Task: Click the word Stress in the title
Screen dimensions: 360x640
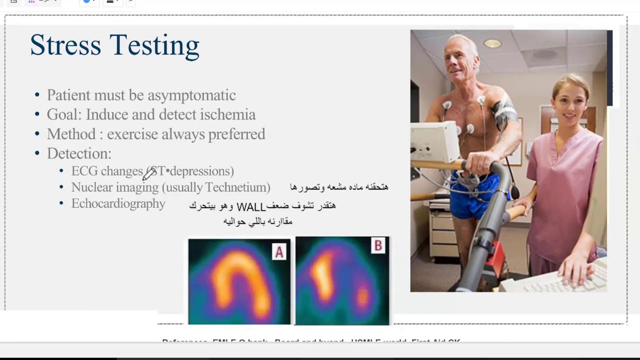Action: (65, 45)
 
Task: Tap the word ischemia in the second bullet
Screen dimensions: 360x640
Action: (227, 114)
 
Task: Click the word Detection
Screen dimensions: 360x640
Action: (78, 153)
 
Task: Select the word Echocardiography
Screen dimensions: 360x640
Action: (118, 203)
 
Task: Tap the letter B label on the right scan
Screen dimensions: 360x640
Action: (378, 245)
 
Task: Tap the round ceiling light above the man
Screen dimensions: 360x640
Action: (492, 43)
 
